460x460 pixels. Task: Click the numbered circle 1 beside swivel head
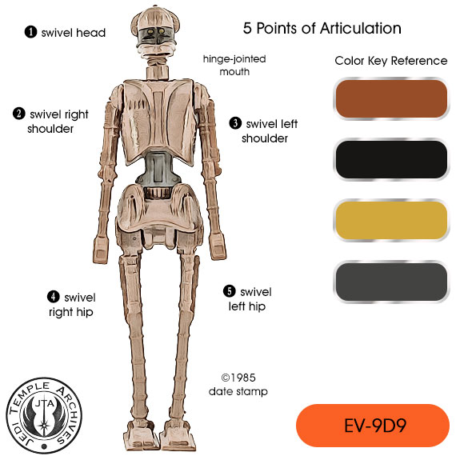[30, 32]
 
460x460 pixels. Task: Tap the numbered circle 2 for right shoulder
[18, 114]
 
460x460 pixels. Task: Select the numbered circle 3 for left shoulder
[235, 123]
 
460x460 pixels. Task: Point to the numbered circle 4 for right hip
[54, 297]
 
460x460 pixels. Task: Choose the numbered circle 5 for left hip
[230, 291]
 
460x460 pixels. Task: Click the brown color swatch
[391, 99]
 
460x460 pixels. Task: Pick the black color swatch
[391, 159]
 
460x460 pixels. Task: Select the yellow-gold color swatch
[391, 220]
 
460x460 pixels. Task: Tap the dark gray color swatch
[391, 282]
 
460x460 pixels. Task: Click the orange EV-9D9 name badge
[373, 426]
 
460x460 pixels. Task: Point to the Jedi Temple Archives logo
[44, 415]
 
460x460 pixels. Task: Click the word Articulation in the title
[361, 29]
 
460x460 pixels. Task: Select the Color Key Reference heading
[391, 61]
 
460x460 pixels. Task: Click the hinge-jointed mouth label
[234, 65]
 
